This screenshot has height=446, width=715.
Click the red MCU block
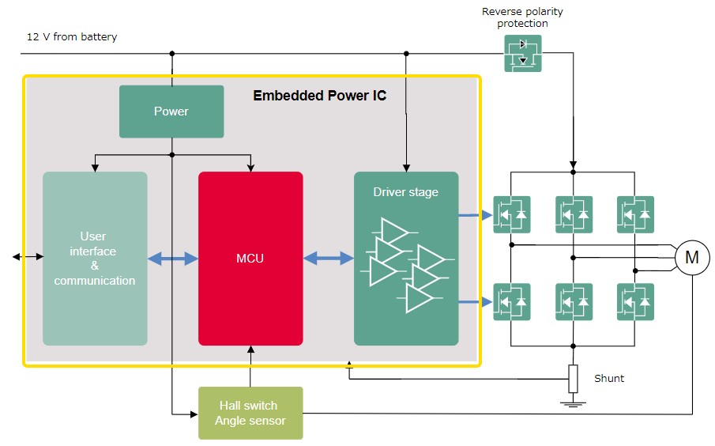coord(250,259)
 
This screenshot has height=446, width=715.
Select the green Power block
coord(171,111)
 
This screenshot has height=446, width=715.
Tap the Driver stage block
coord(406,259)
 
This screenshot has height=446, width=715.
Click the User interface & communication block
coord(95,259)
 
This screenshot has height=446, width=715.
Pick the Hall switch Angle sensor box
coord(250,413)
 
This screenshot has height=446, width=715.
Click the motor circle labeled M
coord(692,257)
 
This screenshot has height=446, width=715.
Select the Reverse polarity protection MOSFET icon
coord(523,53)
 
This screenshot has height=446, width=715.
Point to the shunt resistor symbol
coord(574,379)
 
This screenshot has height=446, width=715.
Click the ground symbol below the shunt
coord(574,404)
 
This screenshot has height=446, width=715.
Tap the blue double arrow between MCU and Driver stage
coord(329,258)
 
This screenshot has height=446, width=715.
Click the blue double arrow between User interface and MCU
coord(173,258)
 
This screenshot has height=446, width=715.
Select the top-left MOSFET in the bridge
coord(512,214)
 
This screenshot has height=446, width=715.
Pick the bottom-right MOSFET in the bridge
coord(636,302)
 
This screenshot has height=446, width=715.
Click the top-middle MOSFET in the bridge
coord(574,214)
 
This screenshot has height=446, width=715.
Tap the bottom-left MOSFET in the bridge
coord(512,302)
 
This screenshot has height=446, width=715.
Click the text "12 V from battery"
coord(72,37)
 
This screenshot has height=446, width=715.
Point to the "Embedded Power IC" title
coord(319,96)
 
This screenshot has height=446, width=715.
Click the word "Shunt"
coord(609,379)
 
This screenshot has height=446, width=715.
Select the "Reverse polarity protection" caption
coord(523,17)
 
